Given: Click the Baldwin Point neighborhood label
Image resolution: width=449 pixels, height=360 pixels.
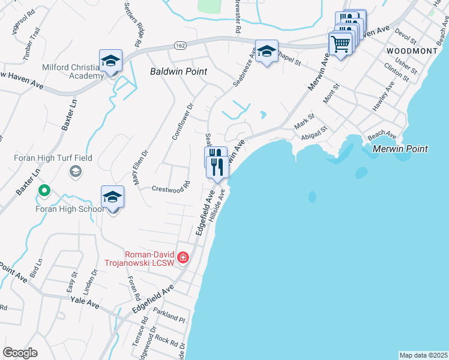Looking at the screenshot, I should point(178,71).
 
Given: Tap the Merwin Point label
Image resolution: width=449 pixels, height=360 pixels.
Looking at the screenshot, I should point(400,149).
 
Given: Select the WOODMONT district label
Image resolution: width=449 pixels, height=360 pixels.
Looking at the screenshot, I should point(412,51).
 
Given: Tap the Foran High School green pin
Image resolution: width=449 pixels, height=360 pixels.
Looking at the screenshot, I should point(44,192).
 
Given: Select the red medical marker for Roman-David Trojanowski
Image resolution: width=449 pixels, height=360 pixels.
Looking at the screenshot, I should point(183,259).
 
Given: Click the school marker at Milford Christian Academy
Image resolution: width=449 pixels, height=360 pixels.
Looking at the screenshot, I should point(111,61).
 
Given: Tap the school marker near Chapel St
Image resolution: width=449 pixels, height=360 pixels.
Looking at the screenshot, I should point(266,52).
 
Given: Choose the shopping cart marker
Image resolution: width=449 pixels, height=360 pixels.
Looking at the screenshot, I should point(340,44).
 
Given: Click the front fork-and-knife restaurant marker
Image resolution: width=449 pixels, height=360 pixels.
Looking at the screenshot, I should point(217,166).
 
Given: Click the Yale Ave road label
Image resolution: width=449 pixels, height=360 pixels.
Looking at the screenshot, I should point(85,304).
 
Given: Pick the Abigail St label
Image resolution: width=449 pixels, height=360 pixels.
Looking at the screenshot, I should point(315,133).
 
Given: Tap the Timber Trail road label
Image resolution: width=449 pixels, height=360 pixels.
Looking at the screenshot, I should point(32,44).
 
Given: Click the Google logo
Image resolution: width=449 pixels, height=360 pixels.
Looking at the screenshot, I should point(20,353).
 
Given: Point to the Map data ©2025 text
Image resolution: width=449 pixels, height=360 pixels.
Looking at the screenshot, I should point(423,355).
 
